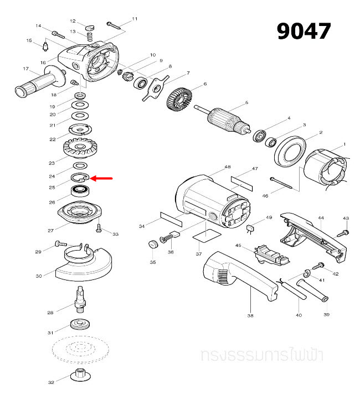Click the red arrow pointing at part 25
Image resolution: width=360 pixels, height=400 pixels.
[101, 179]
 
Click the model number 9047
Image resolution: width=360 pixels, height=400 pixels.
[304, 31]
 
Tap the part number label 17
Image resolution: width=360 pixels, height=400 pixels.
[25, 69]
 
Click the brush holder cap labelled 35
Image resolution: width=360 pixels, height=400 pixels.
[151, 244]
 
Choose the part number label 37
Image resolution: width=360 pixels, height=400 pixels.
[198, 254]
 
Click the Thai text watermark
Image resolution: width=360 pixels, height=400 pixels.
[263, 355]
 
